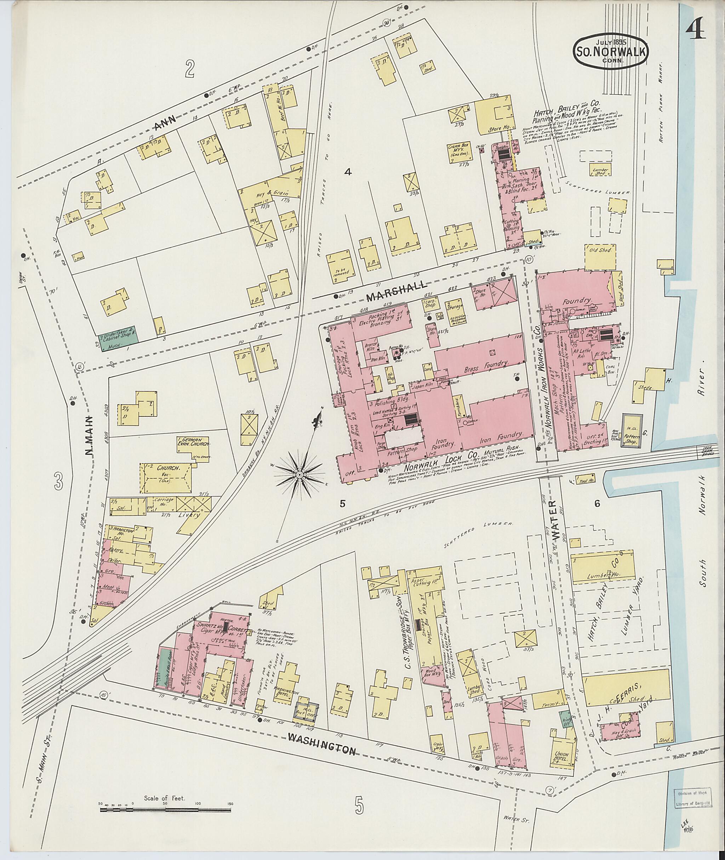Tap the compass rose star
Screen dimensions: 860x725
299,475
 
